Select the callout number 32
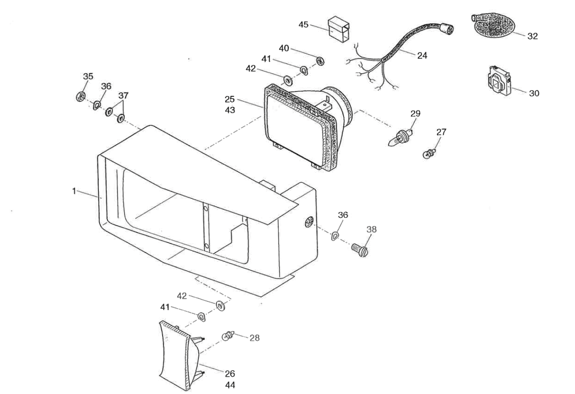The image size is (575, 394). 533,36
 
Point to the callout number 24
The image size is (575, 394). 422,56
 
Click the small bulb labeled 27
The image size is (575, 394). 429,153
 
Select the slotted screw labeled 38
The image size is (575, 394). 360,250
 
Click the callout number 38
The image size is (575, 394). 371,229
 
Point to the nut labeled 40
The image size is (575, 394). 320,61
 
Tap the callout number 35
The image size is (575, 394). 88,76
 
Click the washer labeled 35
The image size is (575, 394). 81,96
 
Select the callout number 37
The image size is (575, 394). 123,95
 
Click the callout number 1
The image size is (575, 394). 74,191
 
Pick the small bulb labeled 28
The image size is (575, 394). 228,336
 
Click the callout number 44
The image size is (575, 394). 230,385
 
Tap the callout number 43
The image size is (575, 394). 230,110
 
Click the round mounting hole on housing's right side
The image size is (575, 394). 309,222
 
